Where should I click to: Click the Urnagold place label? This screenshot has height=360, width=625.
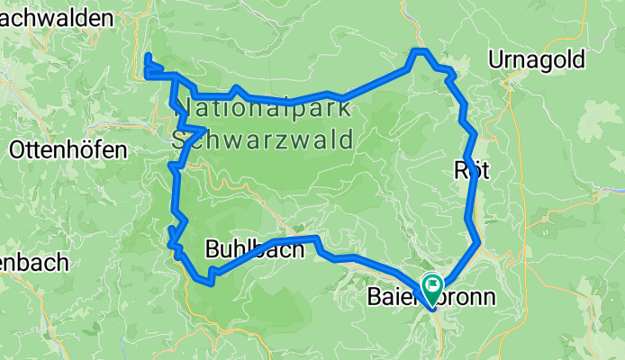pyautogui.click(x=537, y=60)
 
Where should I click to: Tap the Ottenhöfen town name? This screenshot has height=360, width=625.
pyautogui.click(x=68, y=150)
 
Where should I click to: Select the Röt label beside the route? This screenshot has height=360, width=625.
pyautogui.click(x=472, y=171)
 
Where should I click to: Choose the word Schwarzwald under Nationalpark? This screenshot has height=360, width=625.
pyautogui.click(x=267, y=139)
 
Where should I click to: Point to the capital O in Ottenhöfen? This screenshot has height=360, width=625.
pyautogui.click(x=17, y=150)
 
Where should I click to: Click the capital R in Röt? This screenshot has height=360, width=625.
pyautogui.click(x=461, y=171)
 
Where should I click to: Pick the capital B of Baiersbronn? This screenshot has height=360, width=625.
pyautogui.click(x=376, y=297)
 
